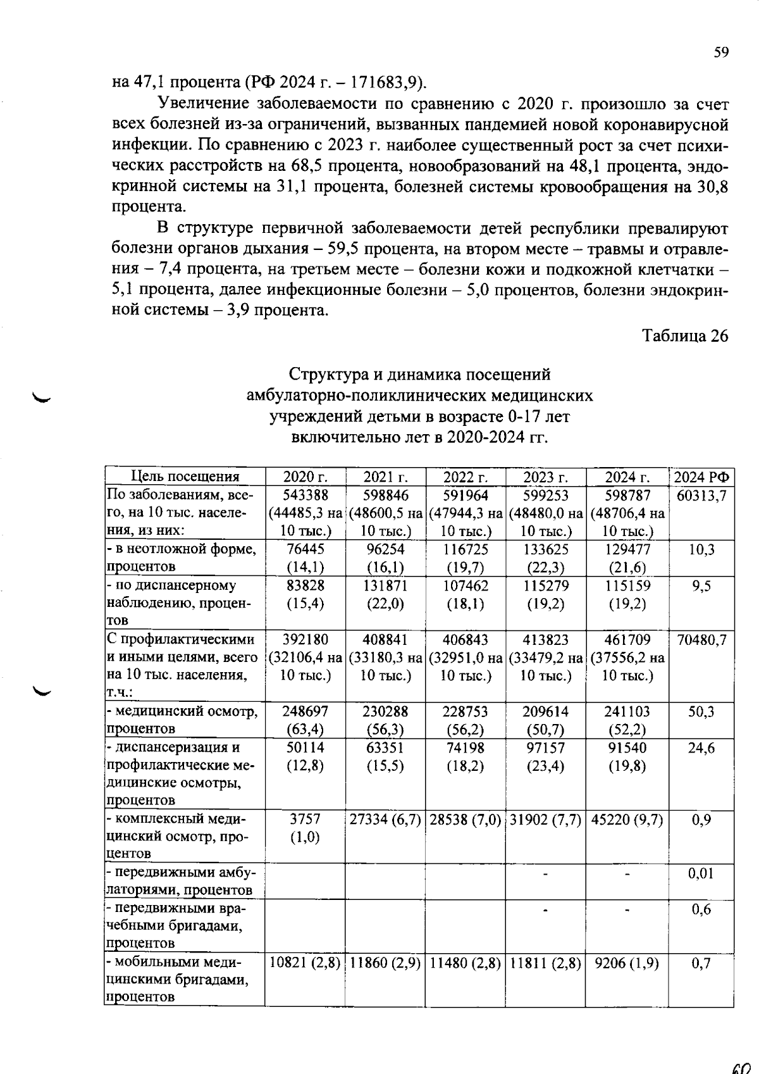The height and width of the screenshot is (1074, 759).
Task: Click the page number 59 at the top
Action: click(x=721, y=53)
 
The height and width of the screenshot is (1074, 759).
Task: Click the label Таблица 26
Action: click(x=686, y=335)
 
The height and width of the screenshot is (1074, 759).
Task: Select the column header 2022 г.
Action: click(x=465, y=477)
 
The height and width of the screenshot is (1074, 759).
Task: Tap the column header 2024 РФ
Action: click(x=701, y=477)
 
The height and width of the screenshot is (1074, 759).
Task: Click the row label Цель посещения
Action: click(x=185, y=477)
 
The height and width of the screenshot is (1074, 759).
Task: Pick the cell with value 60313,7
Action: click(x=701, y=495)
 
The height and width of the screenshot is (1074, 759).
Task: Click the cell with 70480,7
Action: click(x=701, y=640)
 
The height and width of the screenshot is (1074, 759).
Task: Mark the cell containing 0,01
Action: click(x=701, y=873)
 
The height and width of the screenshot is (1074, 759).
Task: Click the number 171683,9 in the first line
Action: click(x=385, y=82)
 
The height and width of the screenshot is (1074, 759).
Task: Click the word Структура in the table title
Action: click(x=326, y=375)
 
